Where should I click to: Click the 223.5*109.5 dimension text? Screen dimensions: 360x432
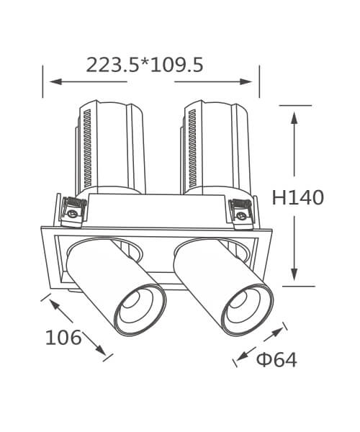(145, 65)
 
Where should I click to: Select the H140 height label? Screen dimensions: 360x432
(298, 197)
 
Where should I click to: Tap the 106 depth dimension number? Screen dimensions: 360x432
(63, 338)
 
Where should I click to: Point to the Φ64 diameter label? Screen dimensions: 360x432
(276, 359)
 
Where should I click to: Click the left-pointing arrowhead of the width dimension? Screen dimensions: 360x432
(55, 81)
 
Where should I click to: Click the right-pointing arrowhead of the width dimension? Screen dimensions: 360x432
(246, 81)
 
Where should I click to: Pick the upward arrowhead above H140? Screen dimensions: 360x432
(294, 119)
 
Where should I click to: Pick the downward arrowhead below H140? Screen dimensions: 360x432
(294, 274)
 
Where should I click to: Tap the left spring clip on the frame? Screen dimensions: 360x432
(73, 212)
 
